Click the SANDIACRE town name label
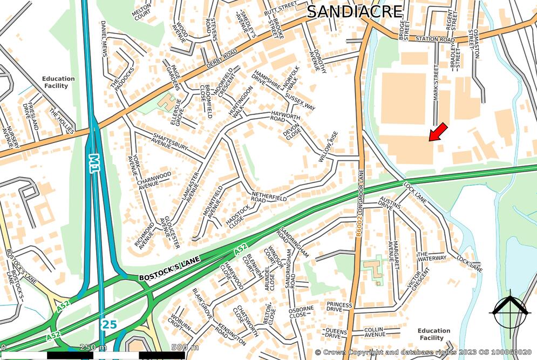coord(355,11)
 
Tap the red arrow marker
coord(438,132)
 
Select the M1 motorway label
coord(95,163)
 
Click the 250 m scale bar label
coord(93,347)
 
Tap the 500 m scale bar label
coord(185,347)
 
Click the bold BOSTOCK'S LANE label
coord(169,269)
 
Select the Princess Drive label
coord(339,307)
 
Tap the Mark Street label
coord(436,81)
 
